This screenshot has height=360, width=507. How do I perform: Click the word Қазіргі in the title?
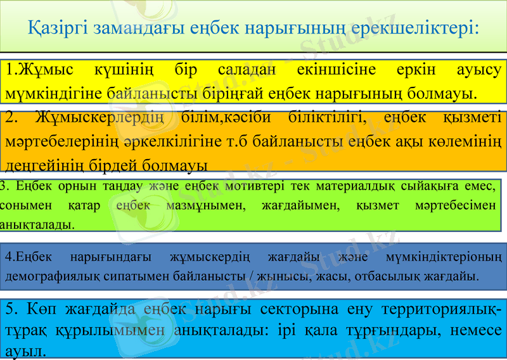click(58, 29)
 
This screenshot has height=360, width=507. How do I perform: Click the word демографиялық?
click(45, 277)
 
